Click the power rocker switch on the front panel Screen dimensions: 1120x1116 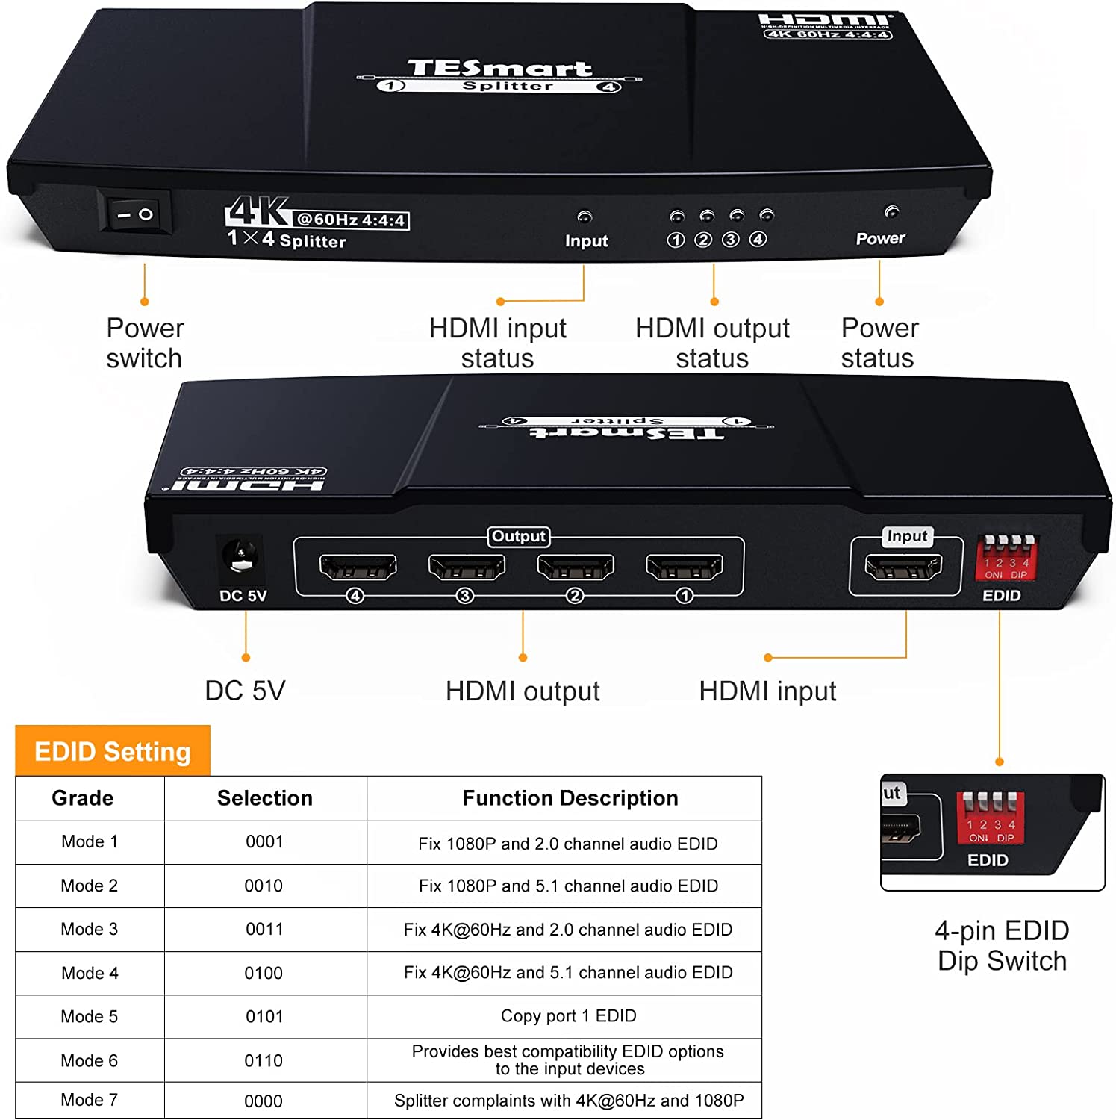coord(135,214)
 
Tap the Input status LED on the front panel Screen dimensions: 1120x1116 coord(585,217)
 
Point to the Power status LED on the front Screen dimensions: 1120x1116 coord(891,212)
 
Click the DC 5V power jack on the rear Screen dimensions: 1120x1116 coord(240,558)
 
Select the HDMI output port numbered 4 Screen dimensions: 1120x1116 coord(358,567)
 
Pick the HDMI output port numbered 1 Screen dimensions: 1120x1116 coord(684,567)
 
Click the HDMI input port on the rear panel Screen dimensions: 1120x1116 coord(903,567)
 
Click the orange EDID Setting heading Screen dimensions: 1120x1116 coord(113,751)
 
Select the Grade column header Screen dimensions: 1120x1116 coord(83,798)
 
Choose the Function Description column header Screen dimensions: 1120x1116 coord(570,798)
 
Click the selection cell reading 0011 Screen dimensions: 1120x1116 coord(264,930)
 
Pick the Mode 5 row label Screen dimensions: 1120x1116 coord(90,1017)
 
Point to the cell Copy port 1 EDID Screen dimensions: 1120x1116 coord(568,1016)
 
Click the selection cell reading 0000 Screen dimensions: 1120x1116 coord(264,1101)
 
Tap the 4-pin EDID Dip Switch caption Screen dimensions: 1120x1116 coord(1002,946)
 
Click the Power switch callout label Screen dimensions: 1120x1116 coord(145,343)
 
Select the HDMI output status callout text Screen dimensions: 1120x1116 coord(712,343)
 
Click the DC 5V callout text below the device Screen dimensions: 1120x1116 coord(245,691)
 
